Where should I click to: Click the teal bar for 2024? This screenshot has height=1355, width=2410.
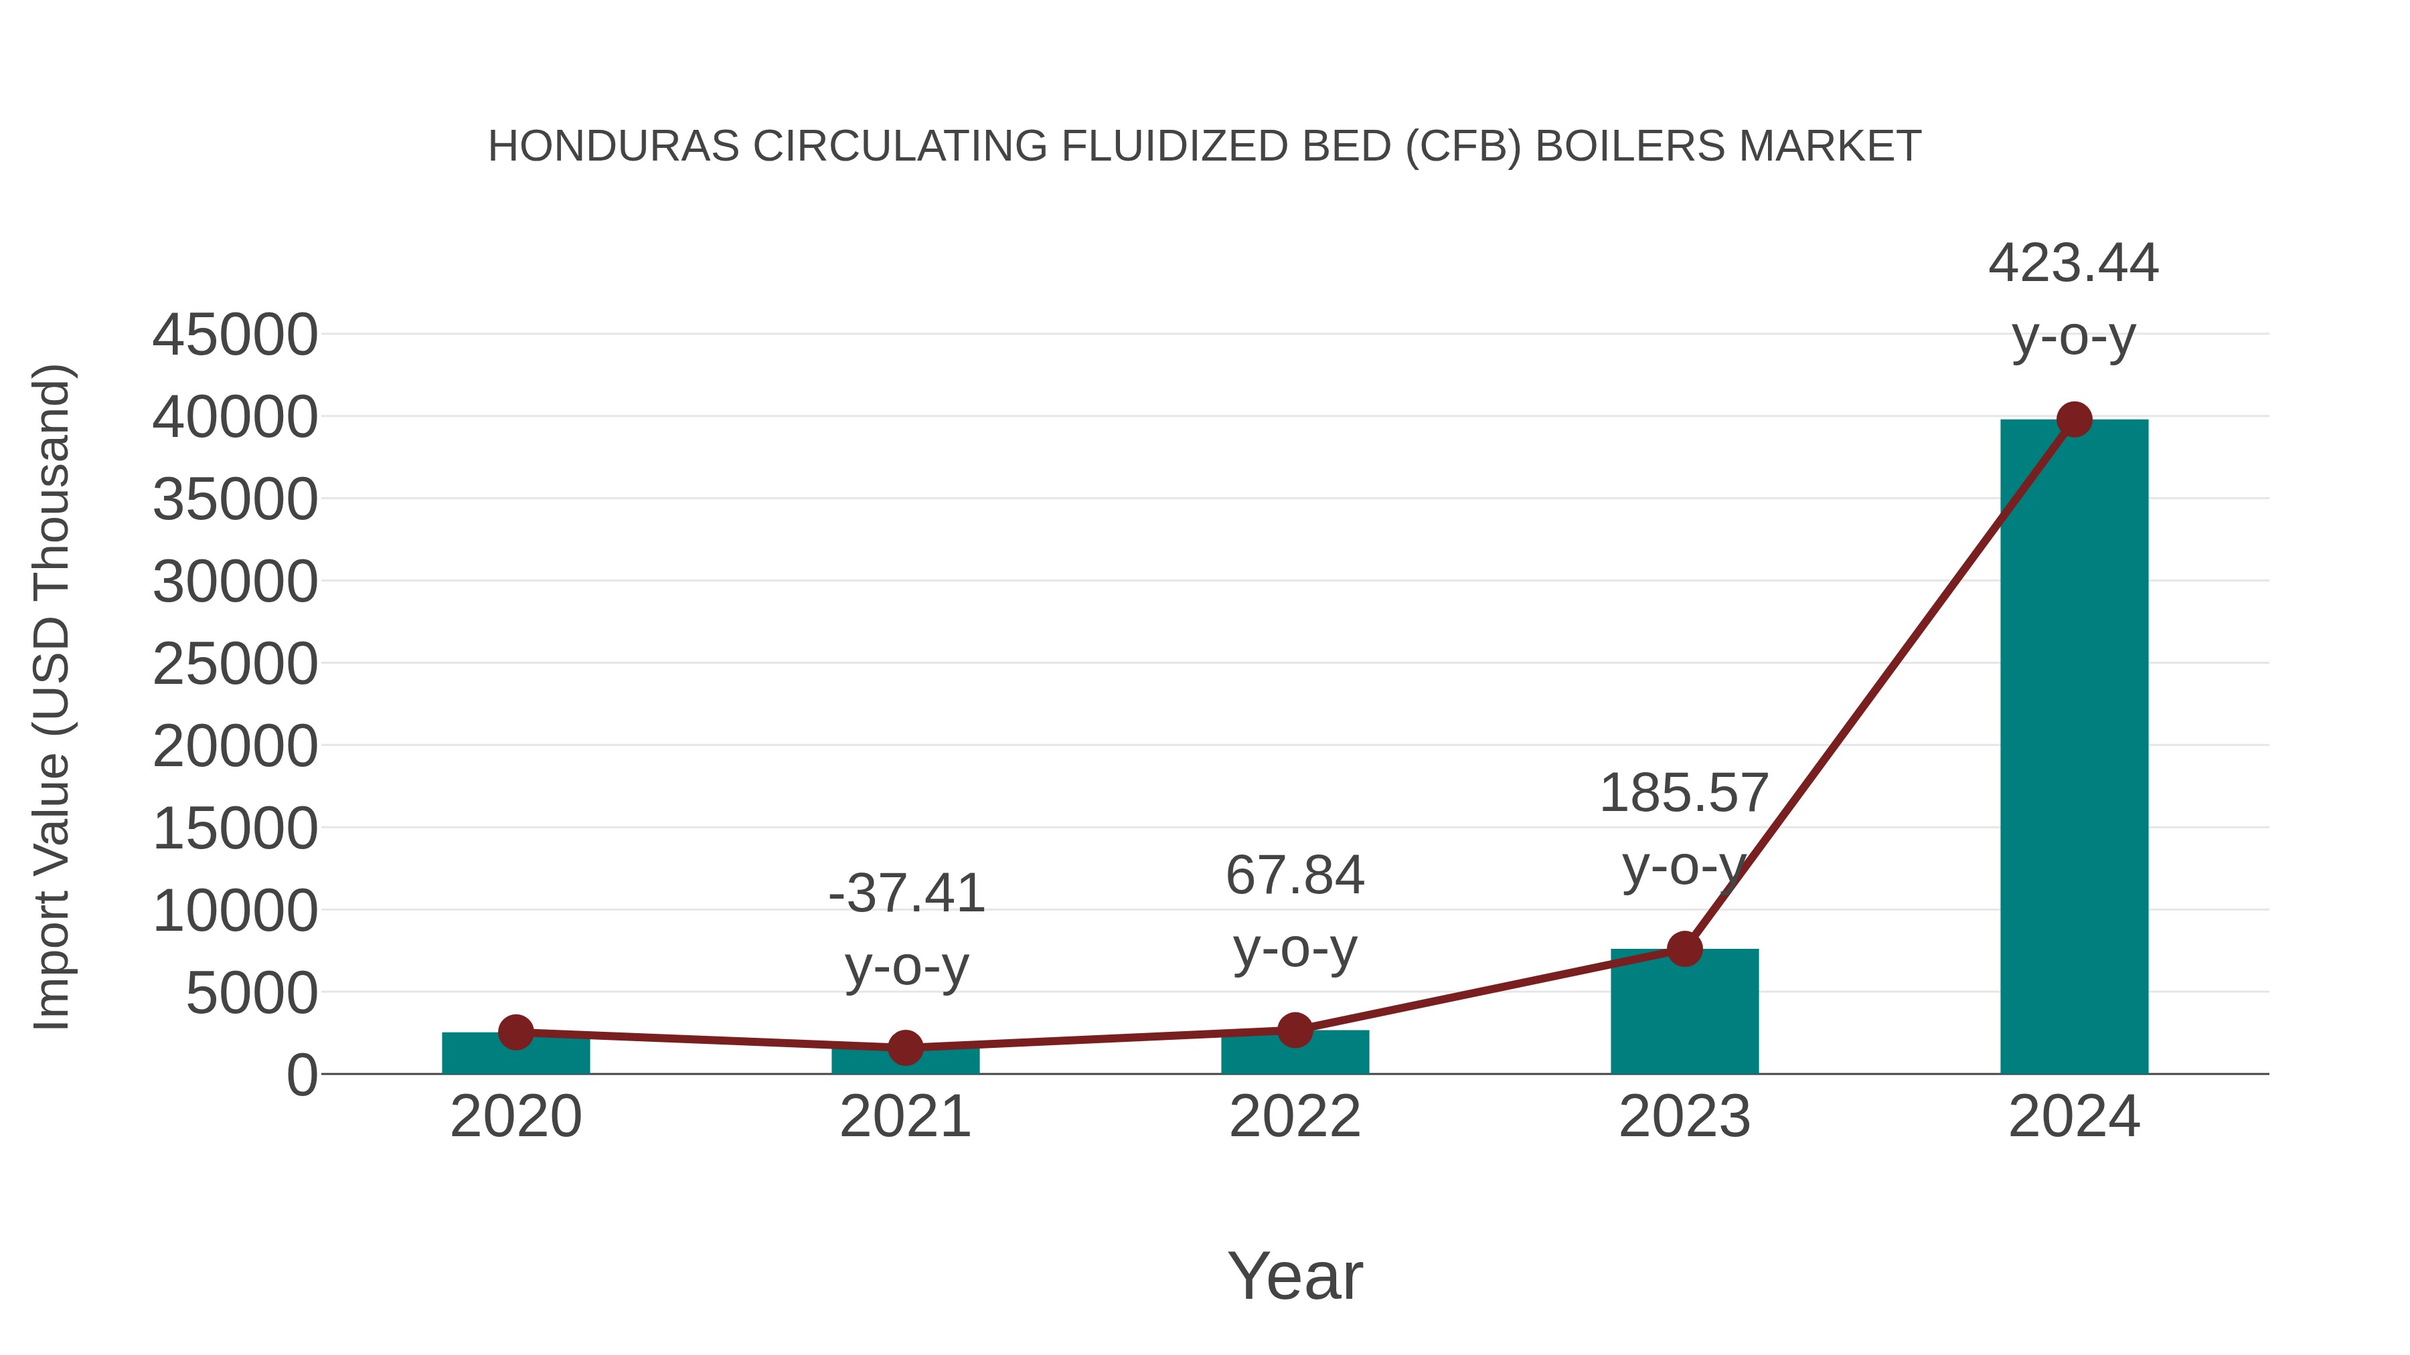point(2073,748)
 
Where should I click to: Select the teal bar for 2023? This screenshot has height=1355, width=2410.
point(1684,1014)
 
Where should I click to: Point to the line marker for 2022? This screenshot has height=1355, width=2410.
point(1295,1030)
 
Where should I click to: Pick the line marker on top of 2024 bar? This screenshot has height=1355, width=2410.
point(2074,420)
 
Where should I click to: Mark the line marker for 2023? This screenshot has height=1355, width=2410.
point(1684,949)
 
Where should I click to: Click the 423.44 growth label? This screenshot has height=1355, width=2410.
point(2073,264)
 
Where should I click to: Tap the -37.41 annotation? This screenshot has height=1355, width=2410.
point(906,893)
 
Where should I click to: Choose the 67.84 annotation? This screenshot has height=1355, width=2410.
point(1295,876)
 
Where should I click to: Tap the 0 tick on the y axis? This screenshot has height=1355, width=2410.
point(301,1075)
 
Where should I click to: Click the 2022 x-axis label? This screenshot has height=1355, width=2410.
point(1295,1117)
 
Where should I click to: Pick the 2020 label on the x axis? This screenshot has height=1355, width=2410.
point(515,1117)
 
